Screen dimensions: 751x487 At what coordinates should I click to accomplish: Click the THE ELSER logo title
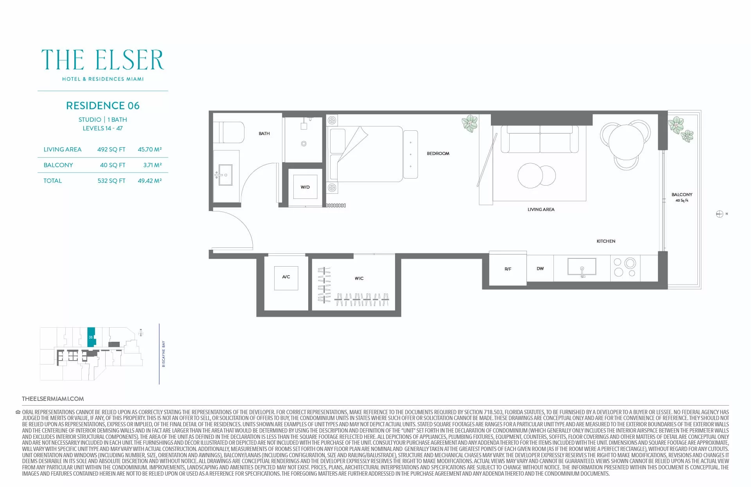(x=102, y=60)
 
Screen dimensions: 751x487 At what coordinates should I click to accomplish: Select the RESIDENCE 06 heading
(x=103, y=106)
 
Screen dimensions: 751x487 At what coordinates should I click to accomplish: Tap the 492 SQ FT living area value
(x=111, y=150)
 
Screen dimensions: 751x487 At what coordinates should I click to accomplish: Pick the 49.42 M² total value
(x=150, y=180)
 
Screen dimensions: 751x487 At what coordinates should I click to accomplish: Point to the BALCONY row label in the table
(x=58, y=165)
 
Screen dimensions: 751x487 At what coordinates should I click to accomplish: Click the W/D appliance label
(x=305, y=187)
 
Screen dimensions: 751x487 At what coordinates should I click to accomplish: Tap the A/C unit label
(x=286, y=277)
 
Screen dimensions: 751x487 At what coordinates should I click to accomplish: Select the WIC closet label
(x=359, y=278)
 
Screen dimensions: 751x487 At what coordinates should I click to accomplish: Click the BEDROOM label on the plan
(x=438, y=153)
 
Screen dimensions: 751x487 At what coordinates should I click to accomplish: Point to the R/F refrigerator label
(x=508, y=269)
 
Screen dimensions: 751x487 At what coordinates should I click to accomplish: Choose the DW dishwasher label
(x=540, y=269)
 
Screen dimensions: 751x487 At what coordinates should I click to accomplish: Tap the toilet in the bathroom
(x=229, y=132)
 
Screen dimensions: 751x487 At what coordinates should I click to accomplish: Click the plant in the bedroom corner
(x=470, y=123)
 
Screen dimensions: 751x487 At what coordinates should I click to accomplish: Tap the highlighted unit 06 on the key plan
(x=91, y=337)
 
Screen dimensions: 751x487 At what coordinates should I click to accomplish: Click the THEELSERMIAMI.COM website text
(x=53, y=399)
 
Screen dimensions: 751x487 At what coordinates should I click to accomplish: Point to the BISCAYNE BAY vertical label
(x=163, y=354)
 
